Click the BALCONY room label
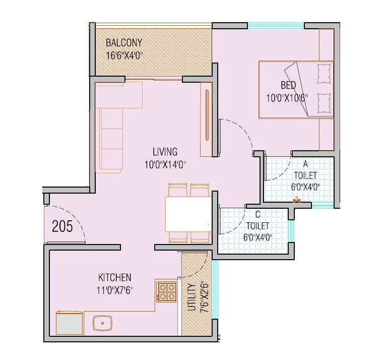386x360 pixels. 124,43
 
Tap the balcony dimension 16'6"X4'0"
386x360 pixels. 124,55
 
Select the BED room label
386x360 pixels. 288,85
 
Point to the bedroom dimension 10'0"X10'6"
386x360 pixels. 287,97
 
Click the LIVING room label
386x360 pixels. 165,152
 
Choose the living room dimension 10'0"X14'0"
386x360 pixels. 165,164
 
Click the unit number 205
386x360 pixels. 62,226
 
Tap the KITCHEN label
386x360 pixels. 114,277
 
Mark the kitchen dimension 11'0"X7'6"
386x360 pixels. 114,290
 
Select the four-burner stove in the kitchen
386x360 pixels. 166,291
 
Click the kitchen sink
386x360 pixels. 103,322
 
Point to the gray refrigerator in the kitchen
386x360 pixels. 69,323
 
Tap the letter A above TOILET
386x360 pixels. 305,164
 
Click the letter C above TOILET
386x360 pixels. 258,214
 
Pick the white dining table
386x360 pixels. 188,213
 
